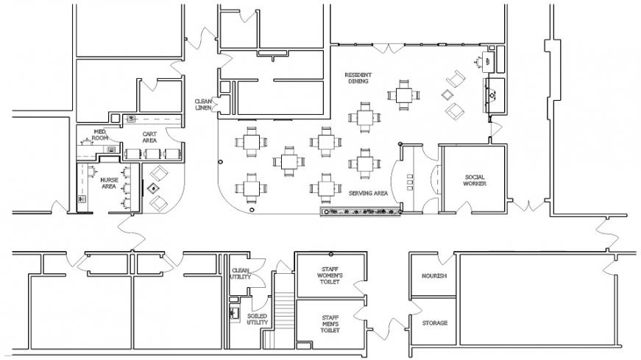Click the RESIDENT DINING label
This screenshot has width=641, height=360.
click(358, 78)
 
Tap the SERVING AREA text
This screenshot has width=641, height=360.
click(368, 193)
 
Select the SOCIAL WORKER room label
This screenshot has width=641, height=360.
click(475, 180)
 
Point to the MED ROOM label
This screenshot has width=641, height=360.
click(99, 135)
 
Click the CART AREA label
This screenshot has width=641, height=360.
click(149, 137)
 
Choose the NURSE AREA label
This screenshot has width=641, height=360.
click(109, 183)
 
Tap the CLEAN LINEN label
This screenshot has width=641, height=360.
click(203, 105)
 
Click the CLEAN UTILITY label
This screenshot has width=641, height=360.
click(241, 274)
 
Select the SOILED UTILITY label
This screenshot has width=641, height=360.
click(257, 319)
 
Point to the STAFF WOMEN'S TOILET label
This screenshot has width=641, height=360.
click(330, 275)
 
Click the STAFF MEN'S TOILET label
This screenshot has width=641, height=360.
click(330, 324)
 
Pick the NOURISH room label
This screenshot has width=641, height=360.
click(434, 276)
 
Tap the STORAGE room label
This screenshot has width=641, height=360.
click(434, 323)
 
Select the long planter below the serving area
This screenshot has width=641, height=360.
click(360, 211)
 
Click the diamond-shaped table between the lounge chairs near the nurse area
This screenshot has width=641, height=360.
click(154, 188)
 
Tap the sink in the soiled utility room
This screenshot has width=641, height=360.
click(234, 314)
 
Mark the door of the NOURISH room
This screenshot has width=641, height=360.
click(445, 259)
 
